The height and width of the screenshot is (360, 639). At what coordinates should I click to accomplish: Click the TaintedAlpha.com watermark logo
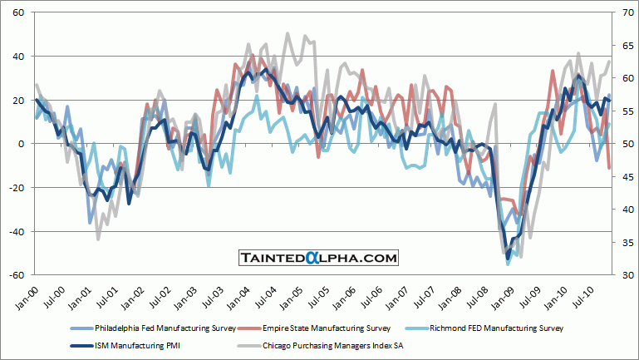[x=319, y=259]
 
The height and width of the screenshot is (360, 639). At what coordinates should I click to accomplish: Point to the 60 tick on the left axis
[x=18, y=13]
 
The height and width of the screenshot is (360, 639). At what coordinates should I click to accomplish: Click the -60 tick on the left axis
[x=17, y=275]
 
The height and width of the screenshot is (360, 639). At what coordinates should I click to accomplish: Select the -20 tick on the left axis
[x=17, y=188]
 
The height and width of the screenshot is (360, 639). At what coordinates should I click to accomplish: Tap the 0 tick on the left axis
[x=21, y=144]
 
